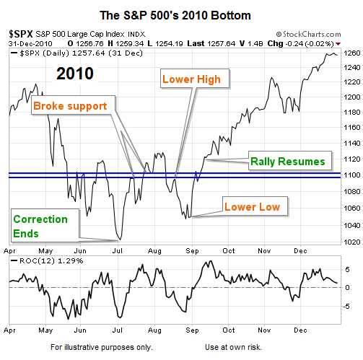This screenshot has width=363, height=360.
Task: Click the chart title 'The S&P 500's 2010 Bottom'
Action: (x=175, y=16)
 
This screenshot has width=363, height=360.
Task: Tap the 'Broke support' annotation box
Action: (x=73, y=105)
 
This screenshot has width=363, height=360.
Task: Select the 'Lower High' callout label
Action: (x=195, y=79)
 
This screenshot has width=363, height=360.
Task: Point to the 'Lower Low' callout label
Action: (x=255, y=206)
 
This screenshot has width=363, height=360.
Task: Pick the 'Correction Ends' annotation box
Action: (x=45, y=226)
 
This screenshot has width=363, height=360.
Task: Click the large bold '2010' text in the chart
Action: (x=75, y=74)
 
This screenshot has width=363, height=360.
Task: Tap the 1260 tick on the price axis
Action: (x=352, y=53)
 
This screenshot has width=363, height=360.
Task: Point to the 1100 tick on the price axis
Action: (x=352, y=175)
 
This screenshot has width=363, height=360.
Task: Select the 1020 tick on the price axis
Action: (x=352, y=242)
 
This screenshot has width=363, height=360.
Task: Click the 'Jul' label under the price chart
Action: (x=118, y=250)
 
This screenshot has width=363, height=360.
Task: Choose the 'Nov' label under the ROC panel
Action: (x=264, y=330)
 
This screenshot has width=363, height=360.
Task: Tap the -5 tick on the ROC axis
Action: (x=346, y=306)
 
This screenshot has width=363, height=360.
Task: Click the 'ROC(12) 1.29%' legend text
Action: (x=51, y=260)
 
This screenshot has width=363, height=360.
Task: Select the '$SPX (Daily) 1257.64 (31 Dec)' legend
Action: (x=81, y=53)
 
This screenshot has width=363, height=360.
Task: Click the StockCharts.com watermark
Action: (x=308, y=34)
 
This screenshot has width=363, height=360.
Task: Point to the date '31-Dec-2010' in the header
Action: (x=30, y=44)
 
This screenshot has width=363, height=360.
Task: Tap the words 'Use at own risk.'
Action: (x=233, y=347)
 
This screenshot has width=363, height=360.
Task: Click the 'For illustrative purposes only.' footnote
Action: (x=102, y=347)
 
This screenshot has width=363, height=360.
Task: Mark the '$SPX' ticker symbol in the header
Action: (x=21, y=34)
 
